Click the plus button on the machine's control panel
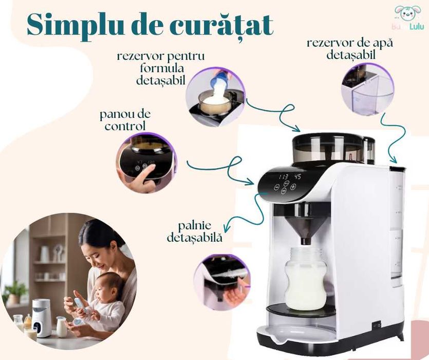point(293,187)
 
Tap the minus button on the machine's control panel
point(276,188)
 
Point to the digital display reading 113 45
point(289,177)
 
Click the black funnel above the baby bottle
point(306,225)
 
